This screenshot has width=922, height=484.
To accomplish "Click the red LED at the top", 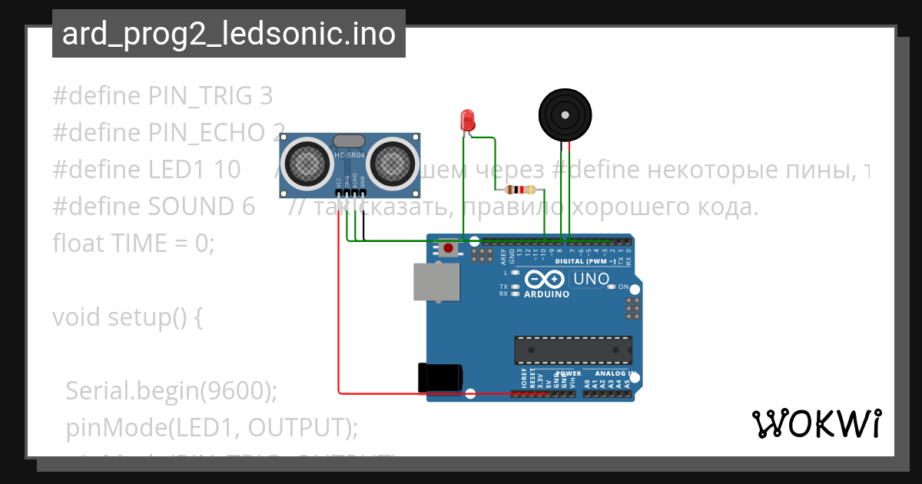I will [x=466, y=120].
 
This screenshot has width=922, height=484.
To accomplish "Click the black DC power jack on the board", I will [x=439, y=376].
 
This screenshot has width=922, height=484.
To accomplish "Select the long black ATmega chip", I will [x=573, y=350].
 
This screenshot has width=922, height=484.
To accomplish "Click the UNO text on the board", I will [x=592, y=279].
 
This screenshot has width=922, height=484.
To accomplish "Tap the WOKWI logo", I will [x=816, y=423].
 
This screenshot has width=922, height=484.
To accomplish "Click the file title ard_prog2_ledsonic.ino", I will [x=229, y=35].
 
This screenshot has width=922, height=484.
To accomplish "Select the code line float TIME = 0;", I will [x=134, y=243].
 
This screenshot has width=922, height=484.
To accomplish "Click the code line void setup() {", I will [x=127, y=317].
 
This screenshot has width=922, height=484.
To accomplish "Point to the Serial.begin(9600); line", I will [x=171, y=391].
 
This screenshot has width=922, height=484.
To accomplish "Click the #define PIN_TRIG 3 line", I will [x=162, y=96].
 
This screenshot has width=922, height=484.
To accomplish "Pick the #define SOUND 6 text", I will [x=154, y=206].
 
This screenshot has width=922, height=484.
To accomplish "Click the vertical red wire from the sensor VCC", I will [x=339, y=307].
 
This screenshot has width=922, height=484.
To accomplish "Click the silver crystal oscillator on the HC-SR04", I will [x=349, y=141].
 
